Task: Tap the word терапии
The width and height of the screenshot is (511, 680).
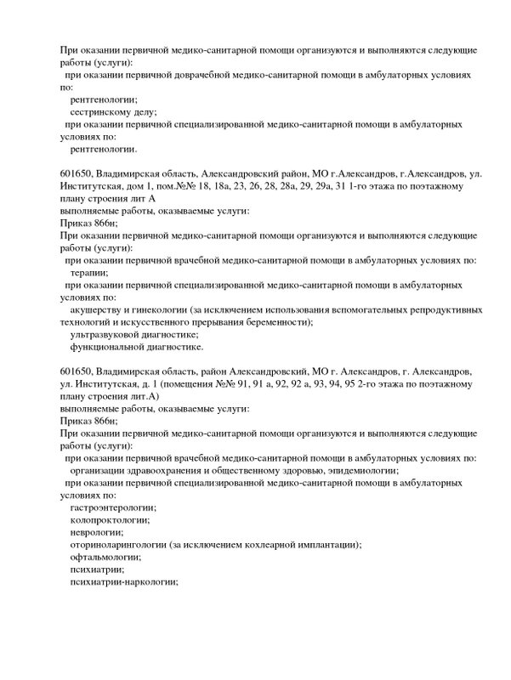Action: [x=89, y=273]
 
